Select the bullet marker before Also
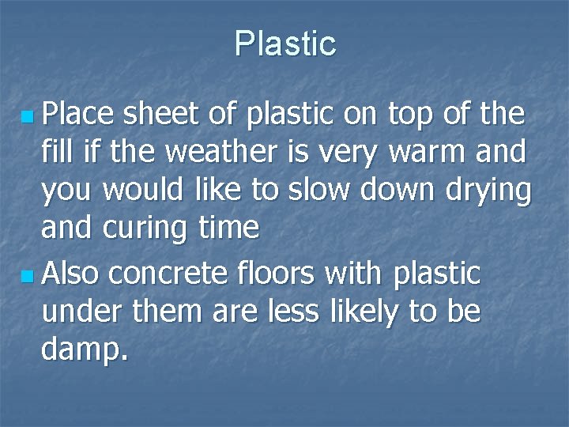[28, 277]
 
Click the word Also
[72, 274]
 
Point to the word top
[409, 115]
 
